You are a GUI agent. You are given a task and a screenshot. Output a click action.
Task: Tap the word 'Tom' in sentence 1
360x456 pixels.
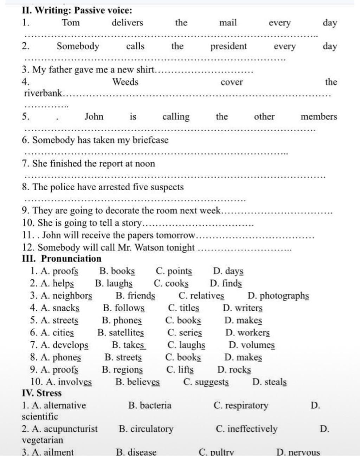tap(71, 23)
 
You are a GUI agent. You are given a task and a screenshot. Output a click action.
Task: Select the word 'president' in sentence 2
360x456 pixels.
tap(229, 46)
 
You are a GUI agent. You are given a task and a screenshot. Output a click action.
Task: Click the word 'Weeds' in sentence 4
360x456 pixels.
tap(125, 82)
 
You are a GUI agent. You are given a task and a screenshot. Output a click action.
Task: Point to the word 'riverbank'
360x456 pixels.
tap(43, 94)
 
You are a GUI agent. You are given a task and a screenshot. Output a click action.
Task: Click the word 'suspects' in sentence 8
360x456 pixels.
tap(167, 187)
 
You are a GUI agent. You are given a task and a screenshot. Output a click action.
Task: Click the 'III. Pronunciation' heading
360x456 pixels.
tap(62, 259)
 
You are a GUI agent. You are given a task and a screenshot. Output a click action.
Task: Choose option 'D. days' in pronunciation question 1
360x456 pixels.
tap(228, 271)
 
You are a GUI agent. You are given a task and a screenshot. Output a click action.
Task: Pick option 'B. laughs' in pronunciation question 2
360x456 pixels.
tap(114, 283)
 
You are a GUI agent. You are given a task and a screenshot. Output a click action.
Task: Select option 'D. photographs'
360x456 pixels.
tap(278, 296)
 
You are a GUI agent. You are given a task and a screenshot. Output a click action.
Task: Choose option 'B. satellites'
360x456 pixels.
tap(121, 333)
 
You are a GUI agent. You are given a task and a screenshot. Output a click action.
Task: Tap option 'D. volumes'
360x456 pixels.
tap(252, 345)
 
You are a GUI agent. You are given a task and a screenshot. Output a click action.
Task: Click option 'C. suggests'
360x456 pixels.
tap(206, 382)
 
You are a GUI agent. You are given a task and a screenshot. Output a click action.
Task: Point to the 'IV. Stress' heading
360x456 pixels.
tap(41, 393)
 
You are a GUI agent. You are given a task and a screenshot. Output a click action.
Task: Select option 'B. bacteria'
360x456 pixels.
tap(150, 405)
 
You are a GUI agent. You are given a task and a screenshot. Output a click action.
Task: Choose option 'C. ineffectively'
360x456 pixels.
tap(246, 429)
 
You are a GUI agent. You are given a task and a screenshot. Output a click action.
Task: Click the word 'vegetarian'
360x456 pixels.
tap(42, 440)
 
